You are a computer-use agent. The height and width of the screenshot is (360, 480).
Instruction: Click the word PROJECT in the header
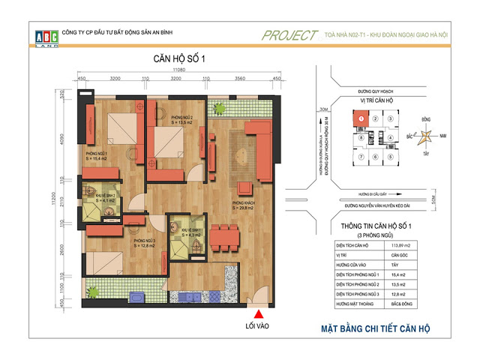290,34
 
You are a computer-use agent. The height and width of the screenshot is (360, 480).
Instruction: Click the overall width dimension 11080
178,69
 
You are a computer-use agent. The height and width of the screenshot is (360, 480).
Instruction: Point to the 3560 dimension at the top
240,77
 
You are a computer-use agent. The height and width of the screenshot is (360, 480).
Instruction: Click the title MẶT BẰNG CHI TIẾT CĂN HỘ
370,328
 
